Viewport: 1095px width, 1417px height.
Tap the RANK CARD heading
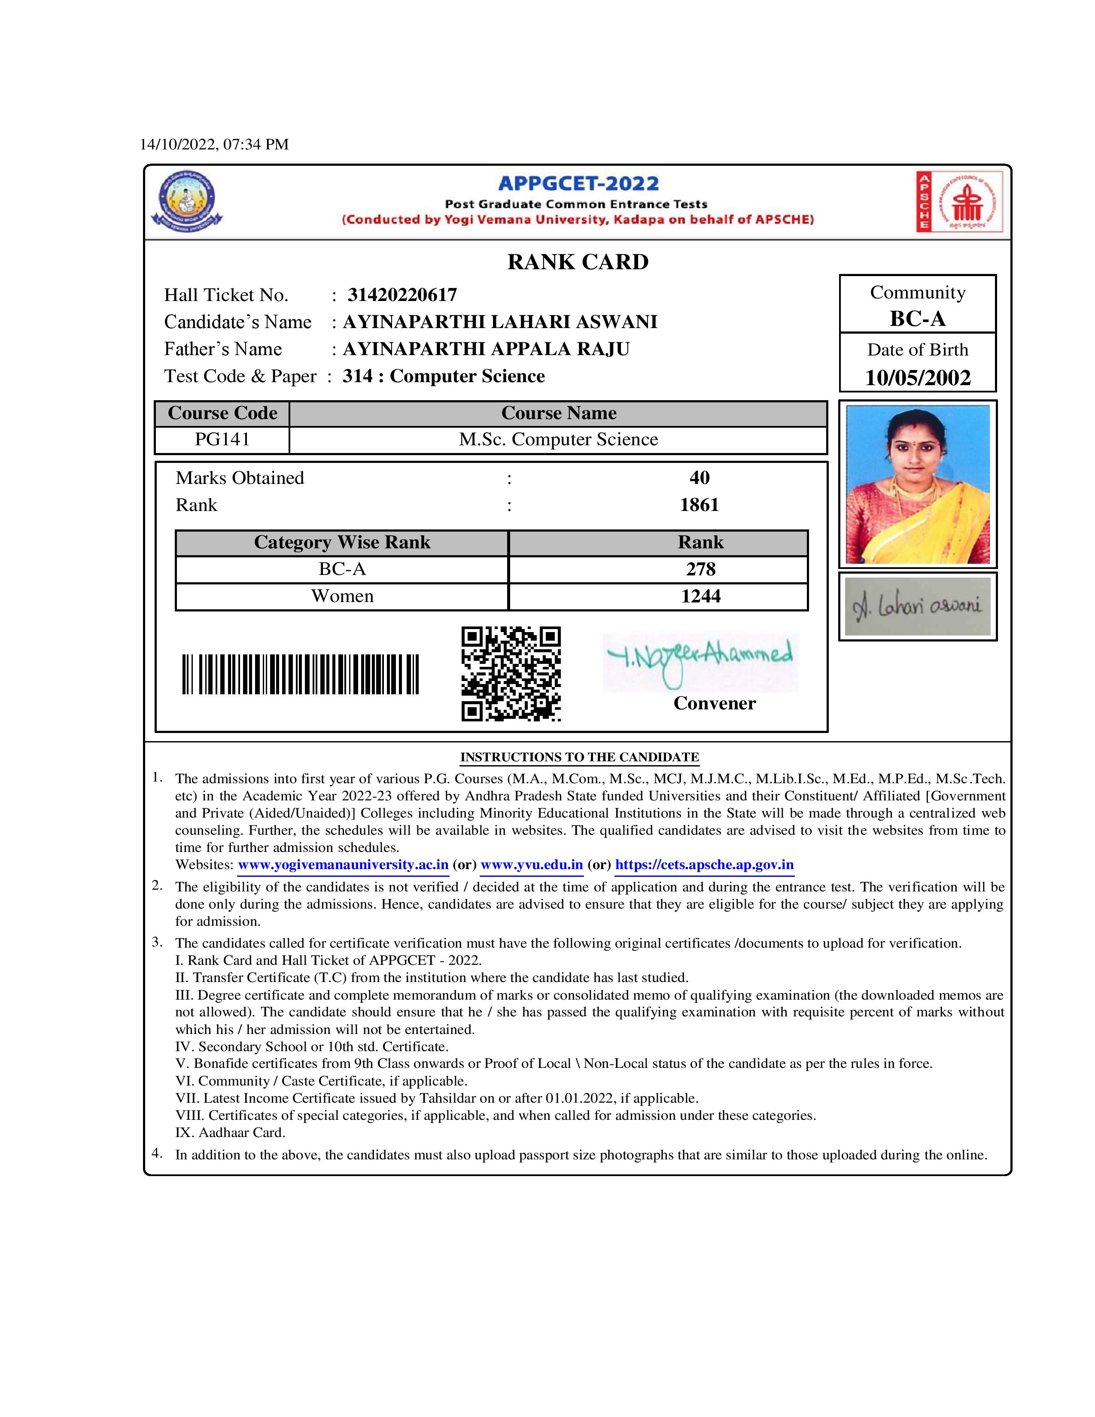pyautogui.click(x=577, y=262)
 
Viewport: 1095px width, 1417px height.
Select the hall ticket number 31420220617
pyautogui.click(x=402, y=295)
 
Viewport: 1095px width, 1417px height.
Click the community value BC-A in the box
pyautogui.click(x=917, y=319)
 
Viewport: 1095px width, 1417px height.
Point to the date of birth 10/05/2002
pyautogui.click(x=917, y=377)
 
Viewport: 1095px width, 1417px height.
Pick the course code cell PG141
pyautogui.click(x=222, y=439)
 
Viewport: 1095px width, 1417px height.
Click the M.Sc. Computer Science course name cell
pyautogui.click(x=558, y=439)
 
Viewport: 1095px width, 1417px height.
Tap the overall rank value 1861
pyautogui.click(x=699, y=505)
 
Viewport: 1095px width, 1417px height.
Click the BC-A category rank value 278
pyautogui.click(x=701, y=569)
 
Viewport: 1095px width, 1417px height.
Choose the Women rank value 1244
pyautogui.click(x=701, y=596)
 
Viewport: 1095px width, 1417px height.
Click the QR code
pyautogui.click(x=511, y=673)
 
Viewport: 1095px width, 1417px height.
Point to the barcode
pyautogui.click(x=300, y=674)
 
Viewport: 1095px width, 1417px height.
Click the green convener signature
pyautogui.click(x=699, y=660)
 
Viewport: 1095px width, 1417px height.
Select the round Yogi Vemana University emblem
pyautogui.click(x=187, y=201)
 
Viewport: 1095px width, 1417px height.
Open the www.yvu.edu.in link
pyautogui.click(x=531, y=865)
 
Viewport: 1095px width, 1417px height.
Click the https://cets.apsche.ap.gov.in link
pyautogui.click(x=704, y=865)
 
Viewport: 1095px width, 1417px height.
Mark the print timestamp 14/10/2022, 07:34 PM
pyautogui.click(x=214, y=144)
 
